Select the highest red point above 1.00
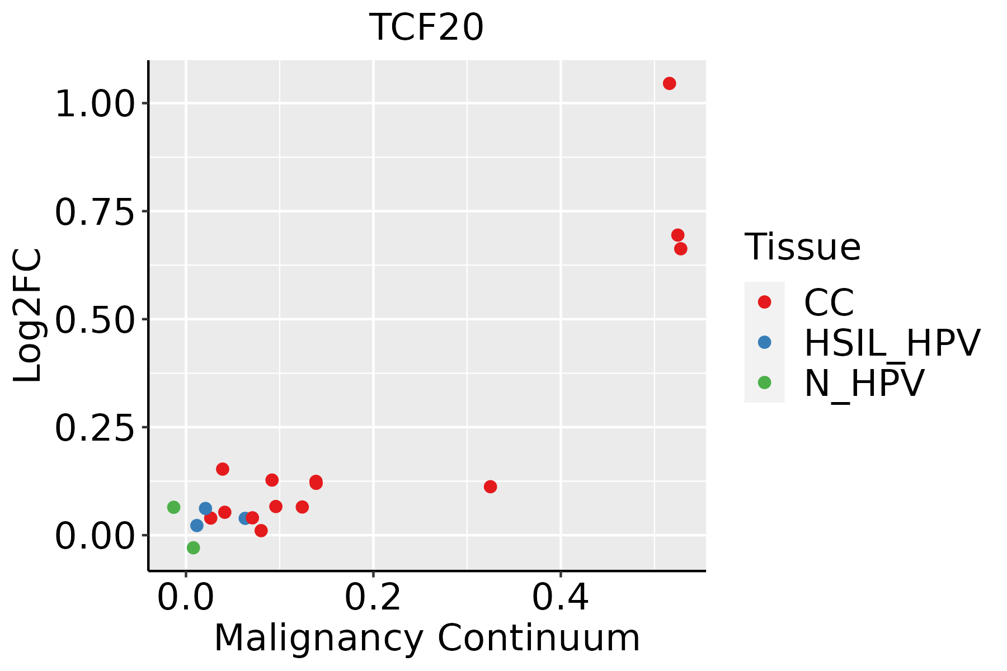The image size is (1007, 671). click(x=669, y=84)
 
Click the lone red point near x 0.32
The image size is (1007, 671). click(x=490, y=487)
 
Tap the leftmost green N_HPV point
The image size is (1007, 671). click(x=173, y=507)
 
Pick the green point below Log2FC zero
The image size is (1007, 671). click(x=193, y=548)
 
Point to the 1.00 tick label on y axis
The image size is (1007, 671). click(x=95, y=104)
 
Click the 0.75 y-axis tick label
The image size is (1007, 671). click(x=95, y=212)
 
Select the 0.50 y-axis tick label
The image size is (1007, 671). click(x=95, y=320)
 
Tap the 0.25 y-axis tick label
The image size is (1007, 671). click(x=95, y=428)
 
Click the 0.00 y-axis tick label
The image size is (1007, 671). click(x=95, y=536)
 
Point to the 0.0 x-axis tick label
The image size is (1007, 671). click(x=186, y=597)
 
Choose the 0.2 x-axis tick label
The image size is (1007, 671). click(x=373, y=597)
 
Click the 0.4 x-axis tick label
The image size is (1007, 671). click(x=560, y=597)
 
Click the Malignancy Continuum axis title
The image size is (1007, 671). click(x=426, y=638)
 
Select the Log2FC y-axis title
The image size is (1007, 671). click(x=28, y=315)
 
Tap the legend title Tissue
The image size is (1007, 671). click(x=802, y=247)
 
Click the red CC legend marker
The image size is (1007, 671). click(x=764, y=302)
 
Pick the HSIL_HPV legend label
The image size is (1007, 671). click(x=892, y=343)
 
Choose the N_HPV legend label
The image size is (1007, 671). click(x=864, y=383)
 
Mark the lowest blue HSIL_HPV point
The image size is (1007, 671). click(x=197, y=526)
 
